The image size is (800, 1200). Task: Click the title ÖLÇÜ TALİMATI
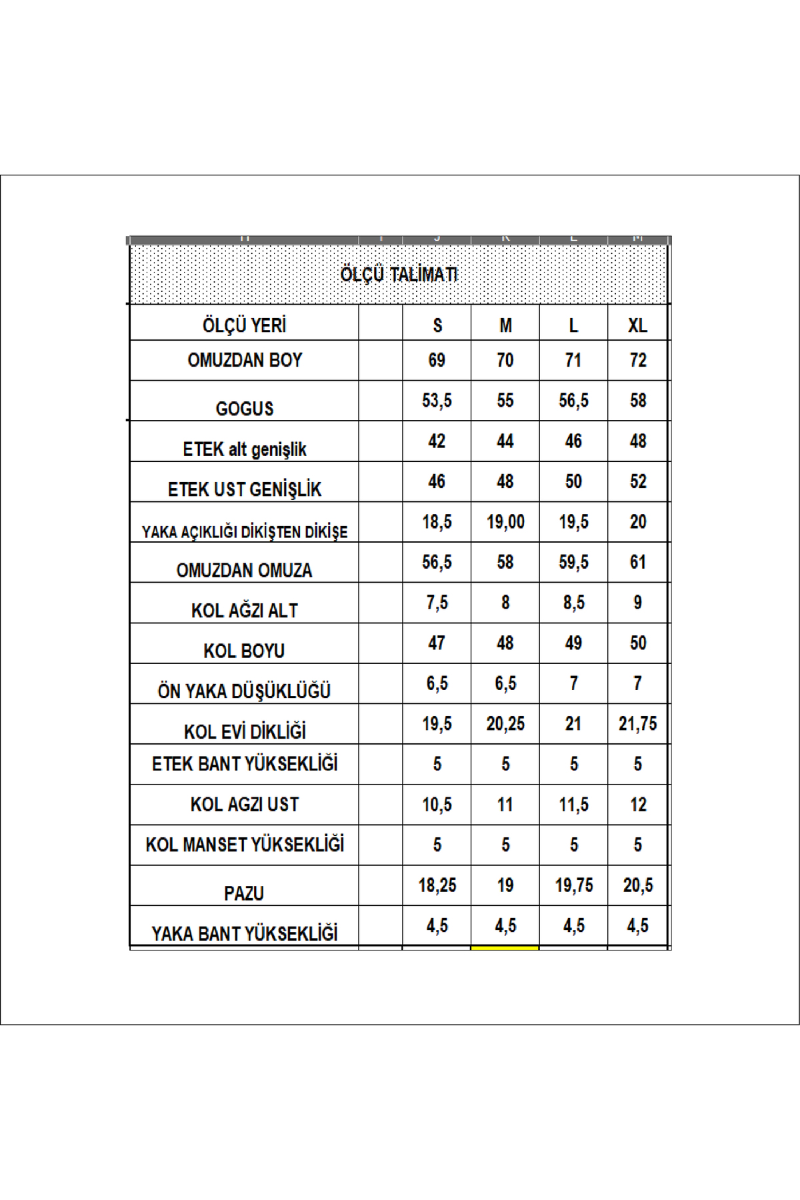399,274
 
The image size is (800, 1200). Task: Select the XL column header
637,325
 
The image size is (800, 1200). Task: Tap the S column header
437,325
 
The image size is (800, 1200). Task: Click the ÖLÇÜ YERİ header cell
244,325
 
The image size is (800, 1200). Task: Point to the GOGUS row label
244,408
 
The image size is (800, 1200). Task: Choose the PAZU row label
244,893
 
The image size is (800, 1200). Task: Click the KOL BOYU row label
244,651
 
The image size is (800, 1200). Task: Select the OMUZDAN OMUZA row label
244,570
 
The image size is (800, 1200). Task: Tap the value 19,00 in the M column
505,521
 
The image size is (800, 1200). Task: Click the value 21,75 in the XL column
637,723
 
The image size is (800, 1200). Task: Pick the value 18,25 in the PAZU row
437,885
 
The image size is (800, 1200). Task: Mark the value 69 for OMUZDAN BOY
437,360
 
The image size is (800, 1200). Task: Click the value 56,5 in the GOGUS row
573,400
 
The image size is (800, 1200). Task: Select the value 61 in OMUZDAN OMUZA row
637,562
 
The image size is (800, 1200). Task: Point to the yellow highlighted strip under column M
505,947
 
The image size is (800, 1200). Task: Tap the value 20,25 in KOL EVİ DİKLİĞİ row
505,723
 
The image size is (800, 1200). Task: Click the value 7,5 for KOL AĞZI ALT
437,602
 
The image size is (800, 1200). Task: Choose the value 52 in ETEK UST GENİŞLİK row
637,481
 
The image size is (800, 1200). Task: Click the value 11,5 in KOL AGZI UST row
573,804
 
